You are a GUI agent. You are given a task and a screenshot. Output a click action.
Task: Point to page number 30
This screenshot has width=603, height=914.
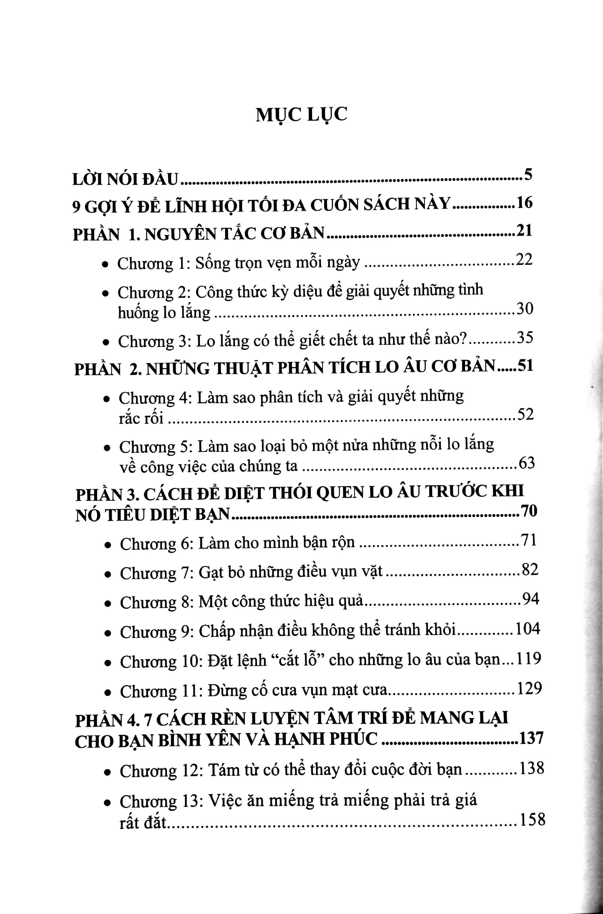point(524,309)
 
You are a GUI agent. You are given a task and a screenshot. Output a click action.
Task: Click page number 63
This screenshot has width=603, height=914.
point(526,463)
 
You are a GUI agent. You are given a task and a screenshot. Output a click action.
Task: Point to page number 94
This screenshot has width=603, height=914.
point(531,600)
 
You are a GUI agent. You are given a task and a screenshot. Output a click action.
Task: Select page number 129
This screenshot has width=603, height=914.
point(529,689)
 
